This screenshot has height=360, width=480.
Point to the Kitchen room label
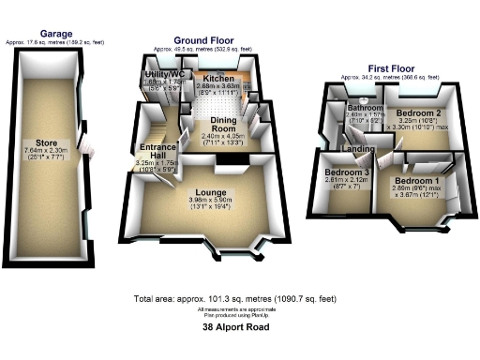coord(218,79)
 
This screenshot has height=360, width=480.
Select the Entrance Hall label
coord(156,152)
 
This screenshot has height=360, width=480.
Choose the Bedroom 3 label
coord(346,172)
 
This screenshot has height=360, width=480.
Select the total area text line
coord(240,299)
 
